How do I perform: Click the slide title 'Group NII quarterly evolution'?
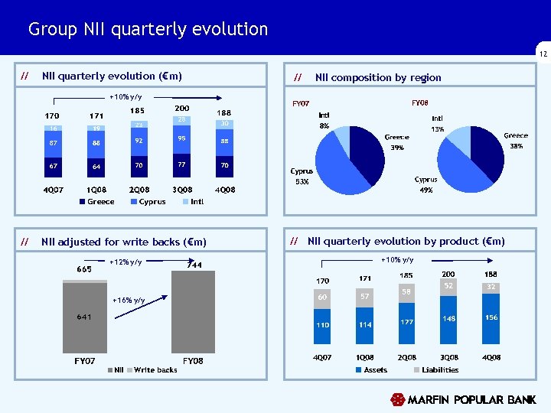pos(148,30)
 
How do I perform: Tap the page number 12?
pos(543,54)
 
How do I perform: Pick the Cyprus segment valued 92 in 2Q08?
pos(139,141)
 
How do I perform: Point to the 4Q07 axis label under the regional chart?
pos(52,188)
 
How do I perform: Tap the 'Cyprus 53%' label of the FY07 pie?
pos(302,177)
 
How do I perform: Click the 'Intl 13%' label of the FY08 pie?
pos(437,124)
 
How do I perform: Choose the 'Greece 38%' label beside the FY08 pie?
pos(515,140)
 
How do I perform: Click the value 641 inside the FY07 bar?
pos(84,317)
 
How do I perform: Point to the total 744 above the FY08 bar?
pos(194,265)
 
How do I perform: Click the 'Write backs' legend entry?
pos(155,370)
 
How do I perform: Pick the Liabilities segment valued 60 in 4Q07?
pos(323,298)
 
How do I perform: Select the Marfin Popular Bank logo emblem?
pos(397,399)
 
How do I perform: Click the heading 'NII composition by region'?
pos(378,77)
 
